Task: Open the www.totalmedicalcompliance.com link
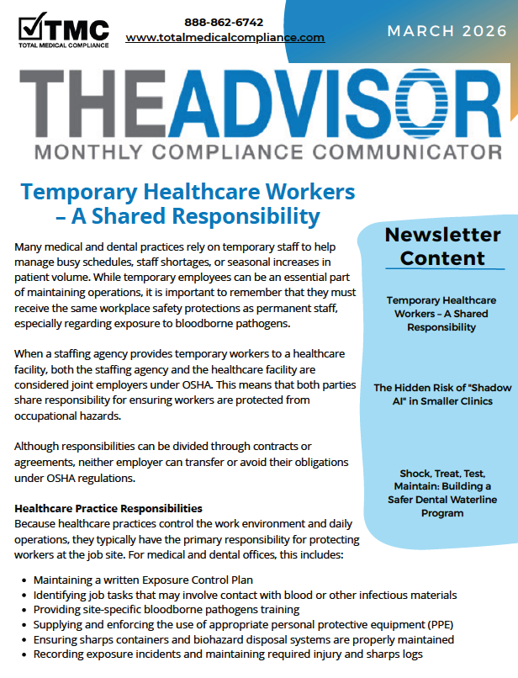pos(225,38)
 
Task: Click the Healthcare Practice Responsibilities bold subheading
pos(108,508)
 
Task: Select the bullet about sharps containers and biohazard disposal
pos(244,639)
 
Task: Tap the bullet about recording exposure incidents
pos(227,654)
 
